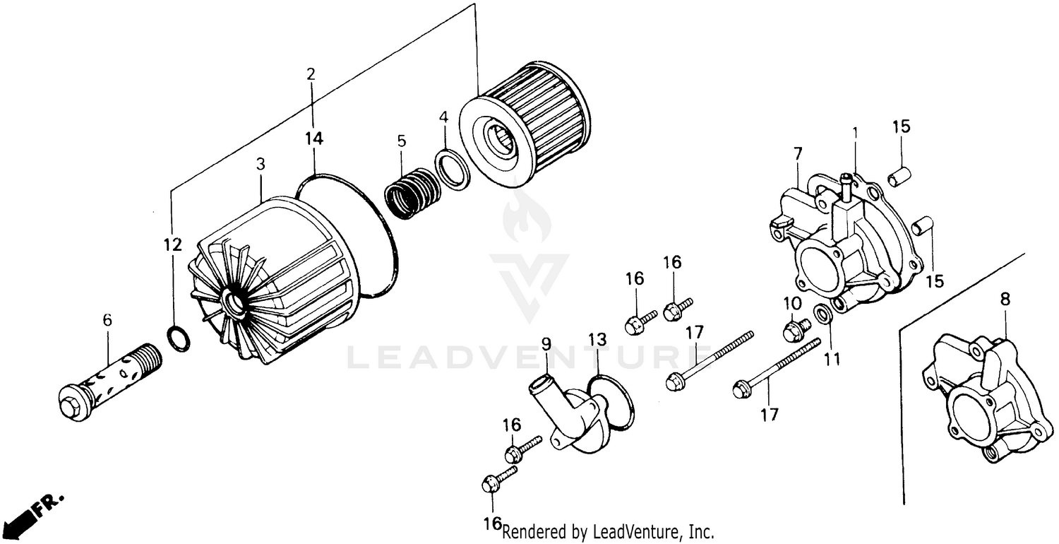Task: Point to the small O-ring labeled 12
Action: point(179,338)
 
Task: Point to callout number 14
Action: point(314,138)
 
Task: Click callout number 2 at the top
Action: point(311,73)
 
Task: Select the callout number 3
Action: point(261,164)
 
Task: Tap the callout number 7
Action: point(797,153)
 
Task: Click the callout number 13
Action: point(597,340)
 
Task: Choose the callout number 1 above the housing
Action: point(855,131)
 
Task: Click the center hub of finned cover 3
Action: point(235,305)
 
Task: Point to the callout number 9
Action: point(546,344)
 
